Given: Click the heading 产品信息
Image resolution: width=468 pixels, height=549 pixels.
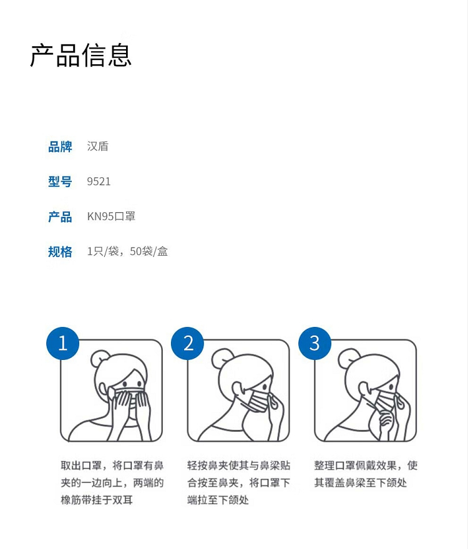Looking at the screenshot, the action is [x=81, y=55].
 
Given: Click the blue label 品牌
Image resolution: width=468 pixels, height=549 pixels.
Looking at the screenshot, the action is [x=60, y=147].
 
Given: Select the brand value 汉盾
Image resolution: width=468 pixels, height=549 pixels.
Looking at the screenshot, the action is [x=98, y=147].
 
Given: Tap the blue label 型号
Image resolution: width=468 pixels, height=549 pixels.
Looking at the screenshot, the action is [x=60, y=182].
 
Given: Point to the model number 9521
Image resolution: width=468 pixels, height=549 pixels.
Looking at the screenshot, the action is [x=99, y=182].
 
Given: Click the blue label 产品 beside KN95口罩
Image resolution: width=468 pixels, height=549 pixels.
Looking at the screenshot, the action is [x=60, y=216].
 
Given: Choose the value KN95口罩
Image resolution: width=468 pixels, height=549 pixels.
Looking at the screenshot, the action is [x=111, y=216].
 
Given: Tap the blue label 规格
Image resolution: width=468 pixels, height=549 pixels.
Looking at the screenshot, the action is [x=60, y=252].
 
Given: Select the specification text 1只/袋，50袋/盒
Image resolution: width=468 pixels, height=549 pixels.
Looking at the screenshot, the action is [x=127, y=251].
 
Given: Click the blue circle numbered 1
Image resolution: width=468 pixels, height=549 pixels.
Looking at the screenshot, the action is [x=62, y=343].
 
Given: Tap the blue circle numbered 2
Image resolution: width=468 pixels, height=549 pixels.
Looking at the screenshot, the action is [x=188, y=343].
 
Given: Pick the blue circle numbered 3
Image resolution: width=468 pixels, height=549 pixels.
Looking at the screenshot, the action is [x=314, y=343].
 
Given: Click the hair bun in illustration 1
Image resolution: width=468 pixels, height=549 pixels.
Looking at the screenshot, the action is [x=100, y=358].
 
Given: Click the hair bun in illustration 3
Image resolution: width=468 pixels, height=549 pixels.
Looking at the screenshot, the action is [x=349, y=357].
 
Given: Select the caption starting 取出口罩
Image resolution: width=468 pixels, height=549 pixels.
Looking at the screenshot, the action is [x=112, y=483].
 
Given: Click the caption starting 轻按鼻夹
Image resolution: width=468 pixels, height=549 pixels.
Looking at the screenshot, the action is [x=238, y=483].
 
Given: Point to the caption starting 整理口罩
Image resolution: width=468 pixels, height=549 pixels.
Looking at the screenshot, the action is [x=366, y=474].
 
